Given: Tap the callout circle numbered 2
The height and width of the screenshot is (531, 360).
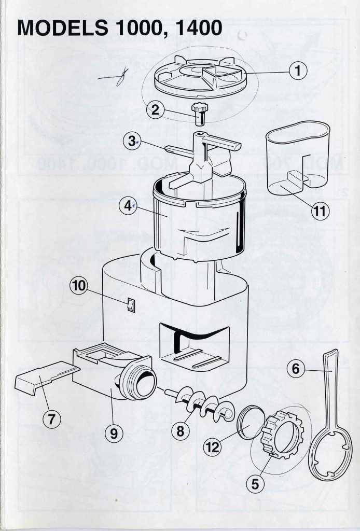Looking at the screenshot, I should tap(155, 110).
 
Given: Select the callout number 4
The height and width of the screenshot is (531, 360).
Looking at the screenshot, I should tap(127, 206).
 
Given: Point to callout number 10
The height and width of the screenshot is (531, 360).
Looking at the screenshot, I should tap(81, 286).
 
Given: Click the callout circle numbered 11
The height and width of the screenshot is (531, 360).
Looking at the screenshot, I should tap(321, 211).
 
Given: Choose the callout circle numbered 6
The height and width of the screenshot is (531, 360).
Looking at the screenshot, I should tap(296, 369).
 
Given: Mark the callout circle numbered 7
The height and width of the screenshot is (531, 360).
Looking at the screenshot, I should tap(51, 420).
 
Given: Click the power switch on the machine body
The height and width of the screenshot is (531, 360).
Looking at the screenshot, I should tap(132, 305).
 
